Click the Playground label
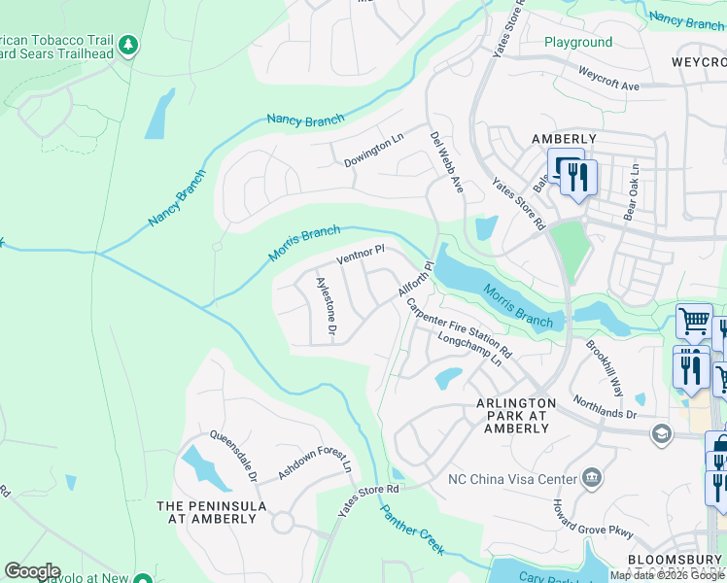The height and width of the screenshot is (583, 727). (578, 42)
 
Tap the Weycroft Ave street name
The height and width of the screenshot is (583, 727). (608, 79)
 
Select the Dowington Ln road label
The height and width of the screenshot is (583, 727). (373, 152)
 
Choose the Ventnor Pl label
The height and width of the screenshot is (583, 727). (361, 256)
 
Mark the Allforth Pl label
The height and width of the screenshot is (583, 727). (415, 280)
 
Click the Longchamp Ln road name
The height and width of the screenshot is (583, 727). (469, 351)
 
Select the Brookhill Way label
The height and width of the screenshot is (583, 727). (605, 368)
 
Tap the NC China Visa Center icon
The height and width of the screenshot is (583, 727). (592, 477)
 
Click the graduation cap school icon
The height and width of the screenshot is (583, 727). (662, 432)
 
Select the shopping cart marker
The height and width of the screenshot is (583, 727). (694, 320)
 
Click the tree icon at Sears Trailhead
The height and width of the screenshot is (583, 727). (128, 45)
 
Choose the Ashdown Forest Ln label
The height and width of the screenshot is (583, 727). (314, 459)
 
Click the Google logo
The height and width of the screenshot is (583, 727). (32, 571)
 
